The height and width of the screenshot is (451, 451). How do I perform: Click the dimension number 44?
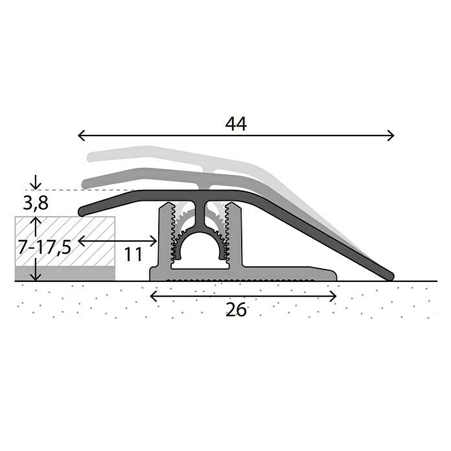click(236, 124)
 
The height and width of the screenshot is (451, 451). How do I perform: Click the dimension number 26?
click(236, 310)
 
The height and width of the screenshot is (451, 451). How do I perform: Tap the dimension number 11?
click(133, 254)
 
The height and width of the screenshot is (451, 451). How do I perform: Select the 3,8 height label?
click(36, 203)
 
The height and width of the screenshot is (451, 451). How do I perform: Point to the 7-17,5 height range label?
click(44, 247)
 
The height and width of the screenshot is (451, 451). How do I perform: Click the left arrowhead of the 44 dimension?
click(81, 135)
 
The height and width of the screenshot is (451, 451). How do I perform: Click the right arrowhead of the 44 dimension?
click(391, 135)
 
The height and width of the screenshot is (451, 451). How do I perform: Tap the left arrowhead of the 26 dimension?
click(154, 296)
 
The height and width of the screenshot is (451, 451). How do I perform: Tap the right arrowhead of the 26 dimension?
click(333, 296)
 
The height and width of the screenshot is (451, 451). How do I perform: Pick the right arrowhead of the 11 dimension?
click(154, 241)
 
